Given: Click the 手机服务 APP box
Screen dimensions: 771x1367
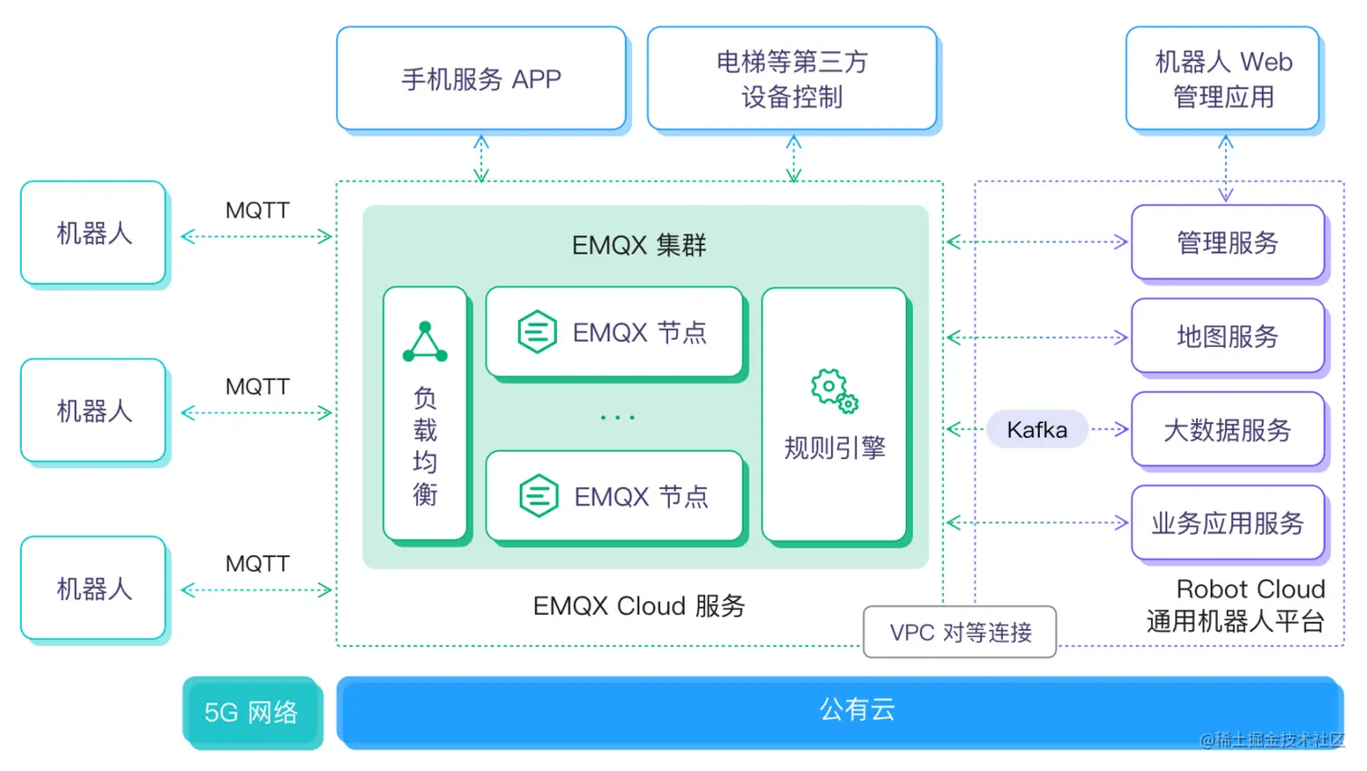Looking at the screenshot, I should pyautogui.click(x=481, y=79).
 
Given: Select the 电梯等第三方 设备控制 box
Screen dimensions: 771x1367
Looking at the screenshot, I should pyautogui.click(x=792, y=79).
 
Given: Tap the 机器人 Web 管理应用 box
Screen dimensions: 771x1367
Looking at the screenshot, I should pyautogui.click(x=1222, y=79).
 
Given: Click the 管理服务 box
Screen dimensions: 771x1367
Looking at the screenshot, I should pyautogui.click(x=1227, y=242).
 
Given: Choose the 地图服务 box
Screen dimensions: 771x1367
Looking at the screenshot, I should pyautogui.click(x=1227, y=336).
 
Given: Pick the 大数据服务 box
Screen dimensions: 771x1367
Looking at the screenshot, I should pyautogui.click(x=1227, y=430).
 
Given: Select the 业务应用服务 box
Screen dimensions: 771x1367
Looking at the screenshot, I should pyautogui.click(x=1227, y=523).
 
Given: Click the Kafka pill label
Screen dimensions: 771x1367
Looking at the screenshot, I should pyautogui.click(x=1037, y=429).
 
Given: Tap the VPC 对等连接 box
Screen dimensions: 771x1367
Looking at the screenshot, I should pyautogui.click(x=960, y=632).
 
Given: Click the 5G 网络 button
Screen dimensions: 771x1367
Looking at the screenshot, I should pyautogui.click(x=251, y=712).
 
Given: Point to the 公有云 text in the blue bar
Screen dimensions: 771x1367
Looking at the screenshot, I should pyautogui.click(x=856, y=710).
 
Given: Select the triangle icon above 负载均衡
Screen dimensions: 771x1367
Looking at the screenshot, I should pyautogui.click(x=425, y=342).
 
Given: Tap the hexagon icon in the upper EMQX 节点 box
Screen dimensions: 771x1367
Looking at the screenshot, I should pyautogui.click(x=537, y=332).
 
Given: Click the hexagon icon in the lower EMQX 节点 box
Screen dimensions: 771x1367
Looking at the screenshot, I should pyautogui.click(x=539, y=496).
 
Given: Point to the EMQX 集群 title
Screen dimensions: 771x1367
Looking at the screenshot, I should pyautogui.click(x=638, y=245).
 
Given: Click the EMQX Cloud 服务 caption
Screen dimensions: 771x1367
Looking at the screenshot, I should pyautogui.click(x=638, y=606).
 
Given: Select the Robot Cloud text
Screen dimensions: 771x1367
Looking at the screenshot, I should pyautogui.click(x=1249, y=589).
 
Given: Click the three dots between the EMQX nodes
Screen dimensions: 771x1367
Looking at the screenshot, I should pyautogui.click(x=618, y=418).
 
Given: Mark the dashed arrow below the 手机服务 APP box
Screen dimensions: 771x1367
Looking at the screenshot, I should pyautogui.click(x=481, y=158).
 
